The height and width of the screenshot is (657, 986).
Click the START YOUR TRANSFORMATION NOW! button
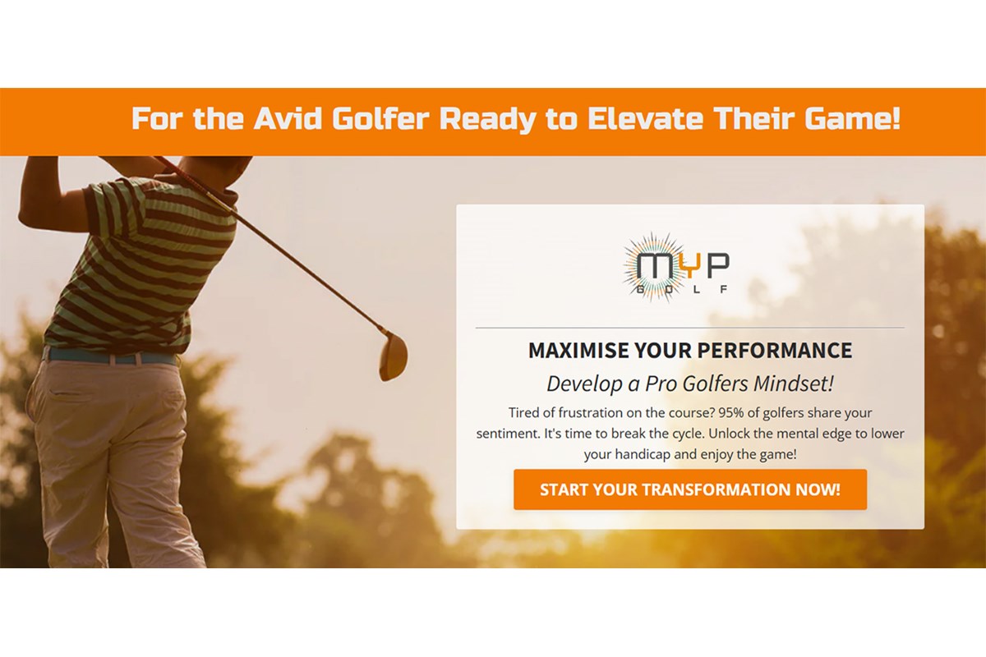[690, 489]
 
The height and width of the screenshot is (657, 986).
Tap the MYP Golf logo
[676, 268]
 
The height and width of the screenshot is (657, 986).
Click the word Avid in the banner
[288, 118]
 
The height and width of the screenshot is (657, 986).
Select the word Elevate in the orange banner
[645, 118]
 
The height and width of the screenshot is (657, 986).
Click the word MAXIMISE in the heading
[578, 351]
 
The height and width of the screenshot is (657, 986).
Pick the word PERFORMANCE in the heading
[775, 351]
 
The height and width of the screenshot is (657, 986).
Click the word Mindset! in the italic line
[793, 384]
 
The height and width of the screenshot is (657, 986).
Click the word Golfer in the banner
[380, 118]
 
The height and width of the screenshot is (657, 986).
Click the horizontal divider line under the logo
[690, 328]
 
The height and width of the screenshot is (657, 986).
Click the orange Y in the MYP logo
[689, 265]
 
